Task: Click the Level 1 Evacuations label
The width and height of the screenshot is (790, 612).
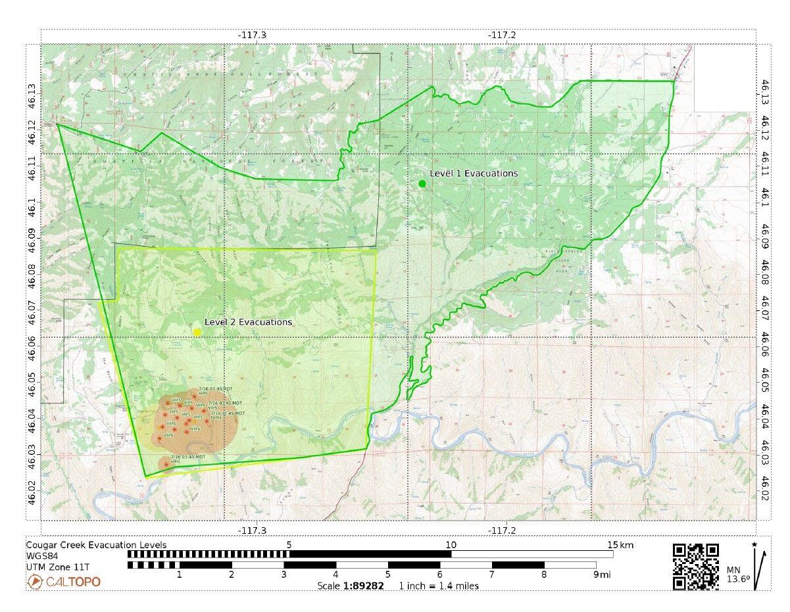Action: (474, 174)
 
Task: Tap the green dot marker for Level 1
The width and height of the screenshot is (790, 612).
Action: (422, 183)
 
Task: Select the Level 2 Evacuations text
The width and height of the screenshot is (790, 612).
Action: (248, 322)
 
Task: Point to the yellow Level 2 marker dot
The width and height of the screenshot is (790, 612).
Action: (197, 332)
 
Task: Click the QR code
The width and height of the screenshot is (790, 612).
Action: (695, 567)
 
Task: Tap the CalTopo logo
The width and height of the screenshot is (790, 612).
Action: (64, 582)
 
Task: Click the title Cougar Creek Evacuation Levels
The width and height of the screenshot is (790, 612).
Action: (96, 545)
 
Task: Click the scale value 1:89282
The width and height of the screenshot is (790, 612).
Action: (363, 586)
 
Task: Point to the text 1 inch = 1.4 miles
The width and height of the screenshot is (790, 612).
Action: (439, 586)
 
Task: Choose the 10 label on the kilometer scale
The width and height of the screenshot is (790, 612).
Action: (451, 545)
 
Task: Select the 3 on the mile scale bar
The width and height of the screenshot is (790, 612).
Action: (284, 575)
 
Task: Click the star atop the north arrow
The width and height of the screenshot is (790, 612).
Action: (754, 544)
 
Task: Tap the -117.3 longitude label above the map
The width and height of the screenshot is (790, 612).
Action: (253, 34)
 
